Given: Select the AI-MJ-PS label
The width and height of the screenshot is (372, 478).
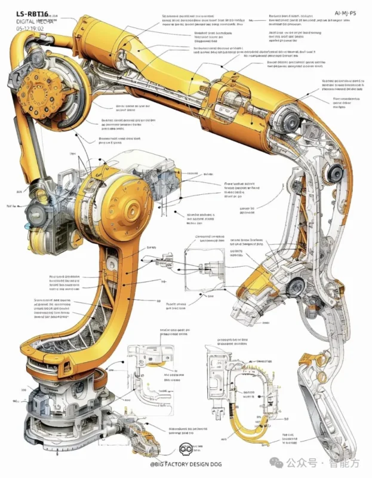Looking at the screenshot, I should click(x=345, y=13).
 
